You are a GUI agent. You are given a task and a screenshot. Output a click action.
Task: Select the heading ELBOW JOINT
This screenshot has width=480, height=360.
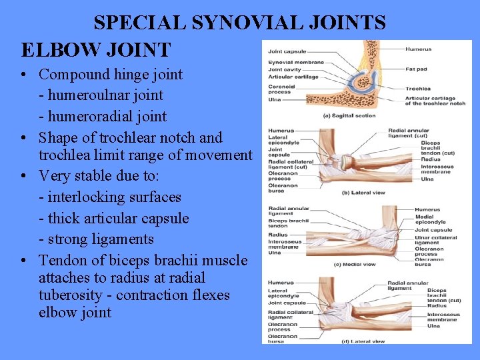coord(96,49)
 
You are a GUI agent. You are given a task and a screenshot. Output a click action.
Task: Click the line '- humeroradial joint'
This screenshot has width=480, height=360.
coord(103,117)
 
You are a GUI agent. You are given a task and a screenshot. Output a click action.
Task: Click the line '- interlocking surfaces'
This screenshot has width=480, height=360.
coord(110,197)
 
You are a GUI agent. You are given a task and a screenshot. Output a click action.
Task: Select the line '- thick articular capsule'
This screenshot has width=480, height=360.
coord(114,219)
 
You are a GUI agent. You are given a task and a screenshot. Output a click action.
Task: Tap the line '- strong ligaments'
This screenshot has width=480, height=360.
coord(97,239)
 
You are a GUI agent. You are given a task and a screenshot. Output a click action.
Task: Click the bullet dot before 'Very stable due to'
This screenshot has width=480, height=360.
coord(23,177)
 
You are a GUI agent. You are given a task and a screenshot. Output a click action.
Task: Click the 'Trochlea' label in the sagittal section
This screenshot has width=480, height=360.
coord(418,88)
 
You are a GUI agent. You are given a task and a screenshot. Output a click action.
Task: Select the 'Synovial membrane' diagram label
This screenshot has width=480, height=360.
coord(296,62)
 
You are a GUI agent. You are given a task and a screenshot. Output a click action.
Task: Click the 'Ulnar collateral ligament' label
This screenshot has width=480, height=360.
coord(435,240)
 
